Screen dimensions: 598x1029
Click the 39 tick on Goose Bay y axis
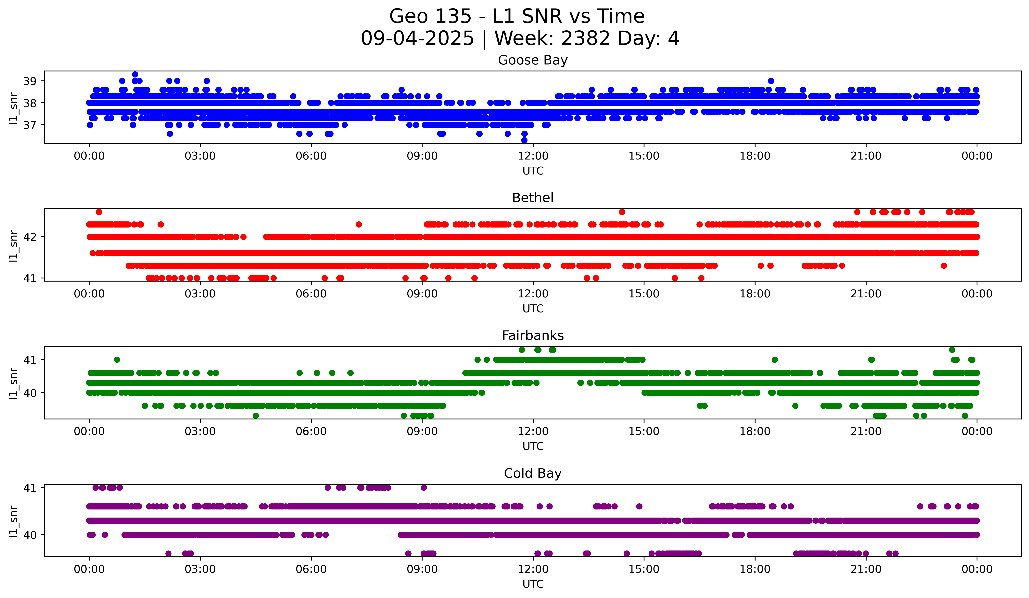point(30,81)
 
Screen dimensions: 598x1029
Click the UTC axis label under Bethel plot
point(533,309)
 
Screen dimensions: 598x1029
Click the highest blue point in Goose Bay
point(135,74)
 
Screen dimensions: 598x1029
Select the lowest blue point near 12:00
point(524,140)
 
